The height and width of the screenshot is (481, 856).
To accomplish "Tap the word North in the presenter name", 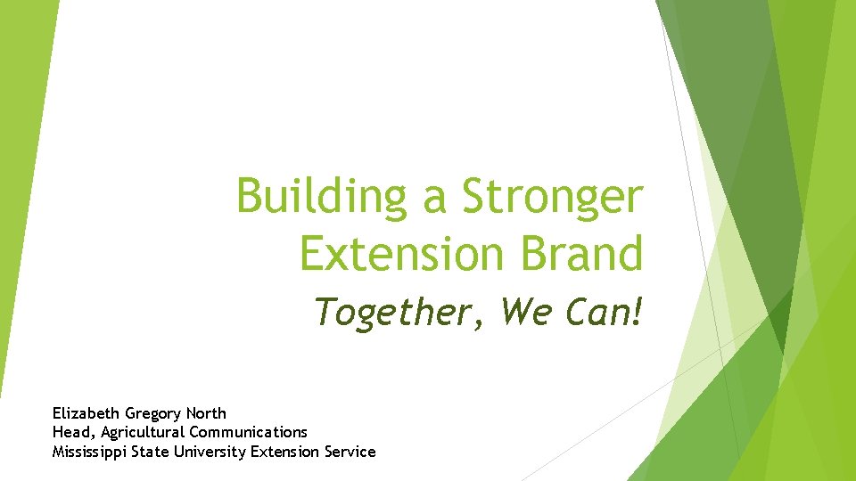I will [x=206, y=413].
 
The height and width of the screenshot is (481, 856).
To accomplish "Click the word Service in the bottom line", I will [x=350, y=452].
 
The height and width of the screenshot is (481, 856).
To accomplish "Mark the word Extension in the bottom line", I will [x=284, y=452].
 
